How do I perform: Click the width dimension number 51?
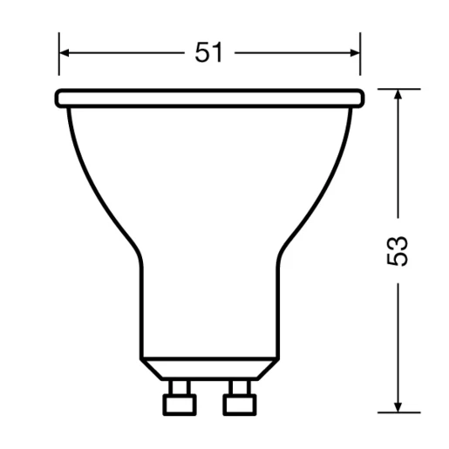coord(208,53)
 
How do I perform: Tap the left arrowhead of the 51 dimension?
coord(65,53)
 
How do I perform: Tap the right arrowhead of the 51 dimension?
coord(354,53)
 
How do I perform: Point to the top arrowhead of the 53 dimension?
coord(398,94)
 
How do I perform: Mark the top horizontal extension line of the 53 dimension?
coord(397,88)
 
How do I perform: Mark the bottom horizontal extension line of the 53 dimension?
coord(397,412)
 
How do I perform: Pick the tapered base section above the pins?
coord(209,367)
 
